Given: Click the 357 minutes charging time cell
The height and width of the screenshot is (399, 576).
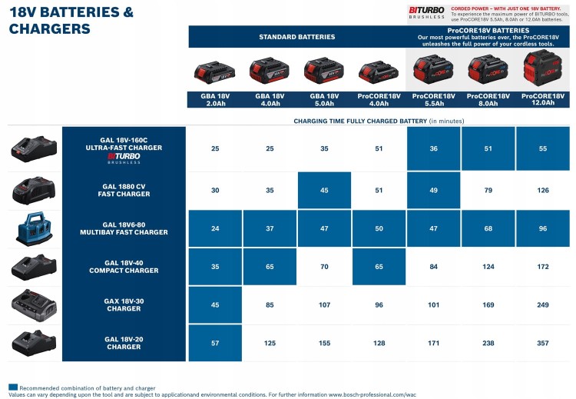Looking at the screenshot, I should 543,342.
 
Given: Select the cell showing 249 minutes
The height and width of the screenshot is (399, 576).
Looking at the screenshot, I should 543,304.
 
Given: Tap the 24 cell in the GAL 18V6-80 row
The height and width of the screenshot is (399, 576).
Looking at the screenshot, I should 215,228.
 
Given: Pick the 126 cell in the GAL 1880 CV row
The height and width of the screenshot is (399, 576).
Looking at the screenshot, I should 543,190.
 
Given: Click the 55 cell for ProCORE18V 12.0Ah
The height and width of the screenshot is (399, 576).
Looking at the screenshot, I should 543,148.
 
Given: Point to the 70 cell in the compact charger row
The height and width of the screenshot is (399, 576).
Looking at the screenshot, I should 324,267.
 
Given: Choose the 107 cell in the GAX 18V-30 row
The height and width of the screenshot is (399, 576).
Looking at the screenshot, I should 324,304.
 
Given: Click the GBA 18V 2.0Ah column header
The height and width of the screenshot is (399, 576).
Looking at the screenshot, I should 215,99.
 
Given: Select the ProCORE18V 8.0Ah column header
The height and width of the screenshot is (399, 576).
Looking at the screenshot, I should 488,99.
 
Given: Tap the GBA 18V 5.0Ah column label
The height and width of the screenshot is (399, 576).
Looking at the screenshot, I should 324,99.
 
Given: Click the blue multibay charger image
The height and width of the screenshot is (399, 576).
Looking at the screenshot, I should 34,228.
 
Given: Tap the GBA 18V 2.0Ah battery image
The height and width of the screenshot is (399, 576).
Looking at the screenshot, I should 215,73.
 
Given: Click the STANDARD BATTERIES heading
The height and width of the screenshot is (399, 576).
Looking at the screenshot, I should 296,37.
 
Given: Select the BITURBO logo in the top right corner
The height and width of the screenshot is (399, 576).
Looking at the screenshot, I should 426,11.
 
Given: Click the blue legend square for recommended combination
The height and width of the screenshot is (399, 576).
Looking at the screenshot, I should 12,387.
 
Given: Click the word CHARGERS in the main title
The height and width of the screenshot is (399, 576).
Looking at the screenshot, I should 49,29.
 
